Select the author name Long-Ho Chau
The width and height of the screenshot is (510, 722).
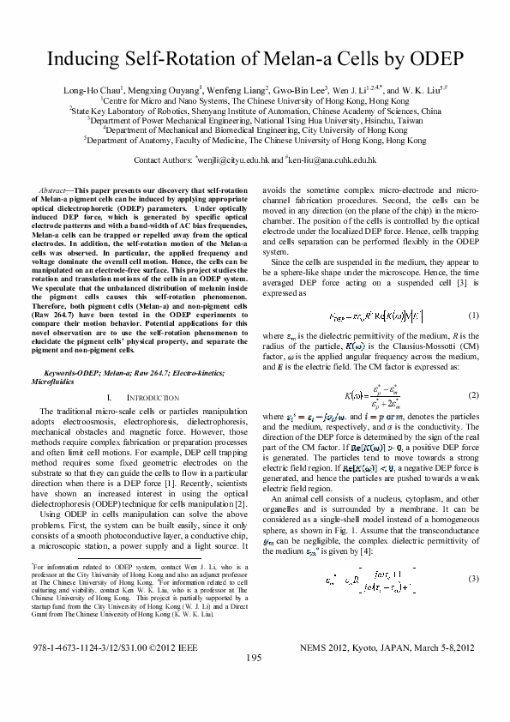click(x=88, y=90)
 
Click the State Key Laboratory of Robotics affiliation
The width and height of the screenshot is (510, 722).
click(x=255, y=111)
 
